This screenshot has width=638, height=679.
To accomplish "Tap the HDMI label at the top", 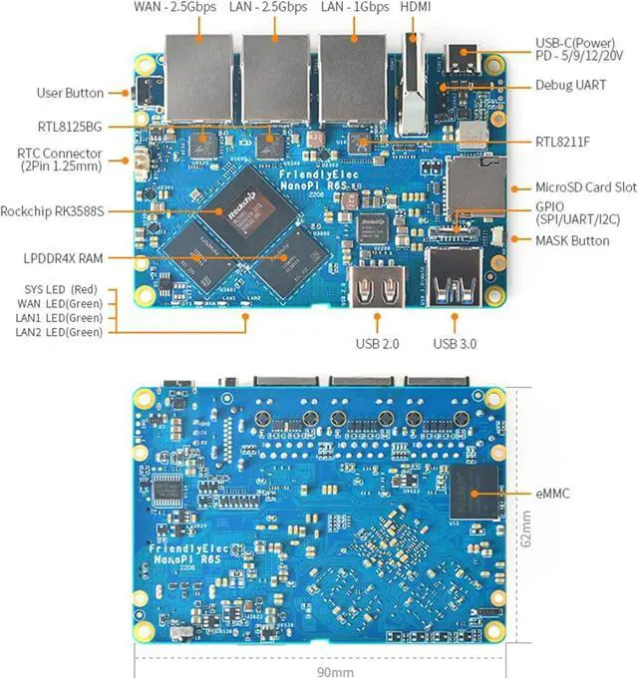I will [416, 8].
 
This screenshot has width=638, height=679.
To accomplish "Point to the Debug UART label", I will [570, 86].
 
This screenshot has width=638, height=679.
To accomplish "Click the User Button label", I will [70, 93].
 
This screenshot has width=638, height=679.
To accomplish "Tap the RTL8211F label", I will [562, 142].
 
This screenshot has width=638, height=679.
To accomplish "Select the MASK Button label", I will [571, 240].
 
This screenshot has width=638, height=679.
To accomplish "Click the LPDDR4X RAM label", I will [65, 258].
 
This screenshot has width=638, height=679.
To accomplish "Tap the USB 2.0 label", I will [376, 344].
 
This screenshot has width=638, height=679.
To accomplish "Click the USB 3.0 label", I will [456, 344].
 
